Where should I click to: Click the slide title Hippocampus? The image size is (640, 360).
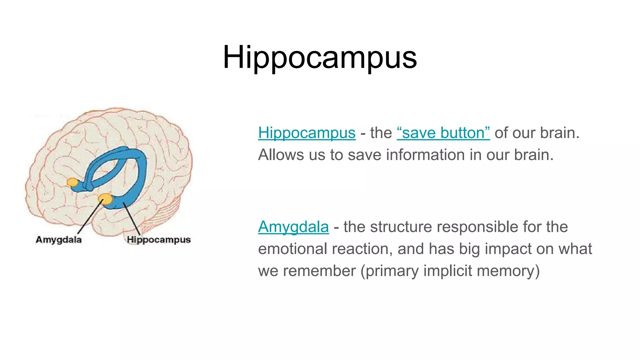[320, 57]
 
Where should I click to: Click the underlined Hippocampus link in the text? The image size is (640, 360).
[307, 133]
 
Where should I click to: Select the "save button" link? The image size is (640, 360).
[443, 133]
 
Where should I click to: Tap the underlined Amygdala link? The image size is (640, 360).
[293, 227]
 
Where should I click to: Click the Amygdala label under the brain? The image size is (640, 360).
[59, 240]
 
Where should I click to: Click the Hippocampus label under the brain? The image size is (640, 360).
[159, 240]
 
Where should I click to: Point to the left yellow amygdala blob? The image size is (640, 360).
[73, 182]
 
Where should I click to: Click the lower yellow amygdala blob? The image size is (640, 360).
[105, 199]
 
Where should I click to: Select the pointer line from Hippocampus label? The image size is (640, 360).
[131, 219]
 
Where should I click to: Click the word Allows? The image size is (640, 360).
[280, 155]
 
